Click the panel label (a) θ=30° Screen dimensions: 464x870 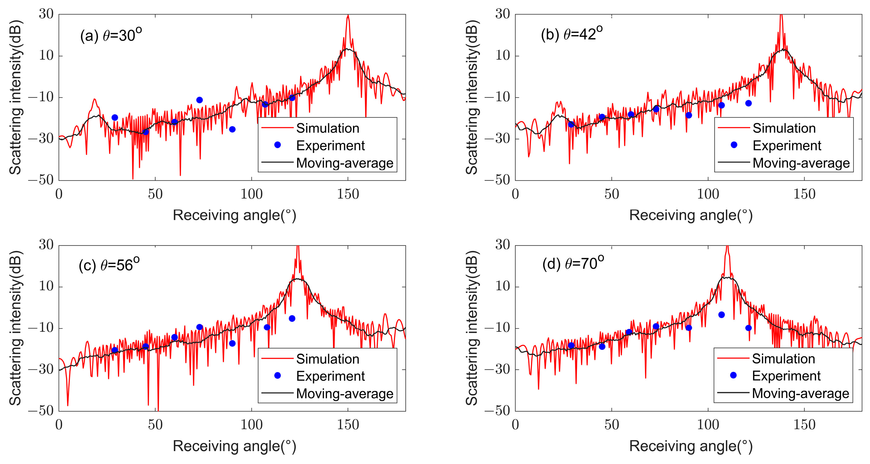[x=111, y=35]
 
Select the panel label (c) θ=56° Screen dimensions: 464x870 [x=109, y=265]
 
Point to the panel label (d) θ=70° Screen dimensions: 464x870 [x=573, y=263]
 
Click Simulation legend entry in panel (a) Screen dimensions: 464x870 [x=327, y=128]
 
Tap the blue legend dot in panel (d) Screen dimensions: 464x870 [x=733, y=375]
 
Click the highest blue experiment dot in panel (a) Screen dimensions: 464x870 [x=200, y=100]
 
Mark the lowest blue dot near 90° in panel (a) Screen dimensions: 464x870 [x=232, y=129]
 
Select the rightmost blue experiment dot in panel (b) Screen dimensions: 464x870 [x=748, y=103]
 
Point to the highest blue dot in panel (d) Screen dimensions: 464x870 [x=722, y=315]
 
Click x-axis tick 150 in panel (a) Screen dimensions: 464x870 [x=348, y=194]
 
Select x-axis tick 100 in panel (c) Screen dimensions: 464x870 [x=252, y=425]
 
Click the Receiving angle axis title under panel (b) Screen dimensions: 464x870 [x=691, y=215]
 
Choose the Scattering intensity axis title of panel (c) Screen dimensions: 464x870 [x=15, y=328]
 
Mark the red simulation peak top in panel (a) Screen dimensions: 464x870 [x=348, y=16]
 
